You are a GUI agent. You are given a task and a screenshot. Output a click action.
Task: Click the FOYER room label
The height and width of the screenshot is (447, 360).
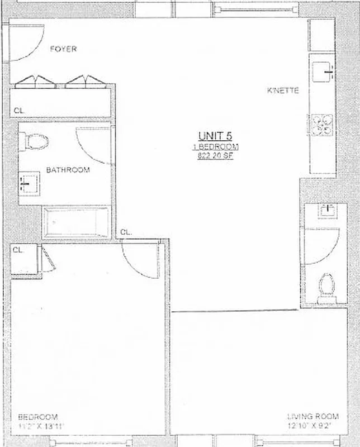click(63, 49)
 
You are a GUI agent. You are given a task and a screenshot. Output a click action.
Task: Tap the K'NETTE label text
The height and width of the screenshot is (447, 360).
click(283, 90)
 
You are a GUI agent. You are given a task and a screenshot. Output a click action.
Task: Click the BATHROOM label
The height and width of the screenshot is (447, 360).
click(68, 170)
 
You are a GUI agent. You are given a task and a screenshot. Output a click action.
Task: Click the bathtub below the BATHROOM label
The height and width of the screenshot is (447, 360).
click(77, 223)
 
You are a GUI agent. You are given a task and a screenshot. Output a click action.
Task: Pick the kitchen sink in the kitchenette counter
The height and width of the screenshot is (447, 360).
click(322, 70)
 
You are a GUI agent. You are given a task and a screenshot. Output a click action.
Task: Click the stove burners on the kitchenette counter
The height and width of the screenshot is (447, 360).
click(322, 124)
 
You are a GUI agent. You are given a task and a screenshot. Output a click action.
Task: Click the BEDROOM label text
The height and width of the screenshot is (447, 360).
click(38, 417)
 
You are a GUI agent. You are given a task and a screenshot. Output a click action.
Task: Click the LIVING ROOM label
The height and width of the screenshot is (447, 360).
click(312, 416)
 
